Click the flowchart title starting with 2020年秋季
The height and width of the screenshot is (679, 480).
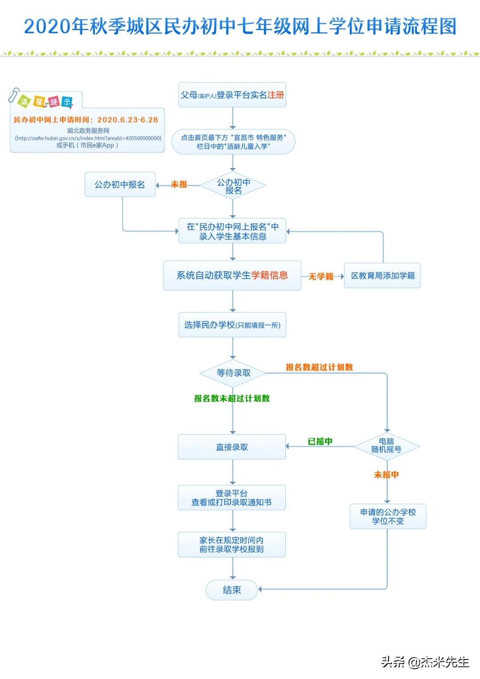coord(240,27)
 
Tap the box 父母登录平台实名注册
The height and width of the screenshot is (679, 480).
coord(232,95)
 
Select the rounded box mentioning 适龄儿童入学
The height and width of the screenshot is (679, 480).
coord(233,142)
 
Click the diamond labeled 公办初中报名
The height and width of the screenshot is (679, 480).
coord(233,186)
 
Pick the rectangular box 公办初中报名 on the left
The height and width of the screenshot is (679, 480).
coord(120,185)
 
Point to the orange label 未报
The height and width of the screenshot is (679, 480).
coord(179,185)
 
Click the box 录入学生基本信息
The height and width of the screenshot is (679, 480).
coord(232,231)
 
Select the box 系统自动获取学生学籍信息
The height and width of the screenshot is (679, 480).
coord(232,276)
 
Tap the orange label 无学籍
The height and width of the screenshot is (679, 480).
coord(321,277)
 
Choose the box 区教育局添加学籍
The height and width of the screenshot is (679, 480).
coord(382,276)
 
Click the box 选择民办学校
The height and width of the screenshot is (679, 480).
coord(232,325)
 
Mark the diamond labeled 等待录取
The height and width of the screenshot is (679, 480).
coord(233,373)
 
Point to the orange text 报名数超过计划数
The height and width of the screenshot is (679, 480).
coord(319,367)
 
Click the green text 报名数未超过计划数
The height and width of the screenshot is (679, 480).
coord(232,398)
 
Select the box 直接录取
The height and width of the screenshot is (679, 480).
coord(232,447)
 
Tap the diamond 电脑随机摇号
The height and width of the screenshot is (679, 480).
coord(387,446)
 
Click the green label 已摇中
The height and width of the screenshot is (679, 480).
coord(320,442)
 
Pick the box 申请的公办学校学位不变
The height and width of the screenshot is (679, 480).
coord(388,516)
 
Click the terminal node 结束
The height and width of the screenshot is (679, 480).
coord(232,590)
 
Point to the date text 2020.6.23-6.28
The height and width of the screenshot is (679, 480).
coord(128,120)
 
